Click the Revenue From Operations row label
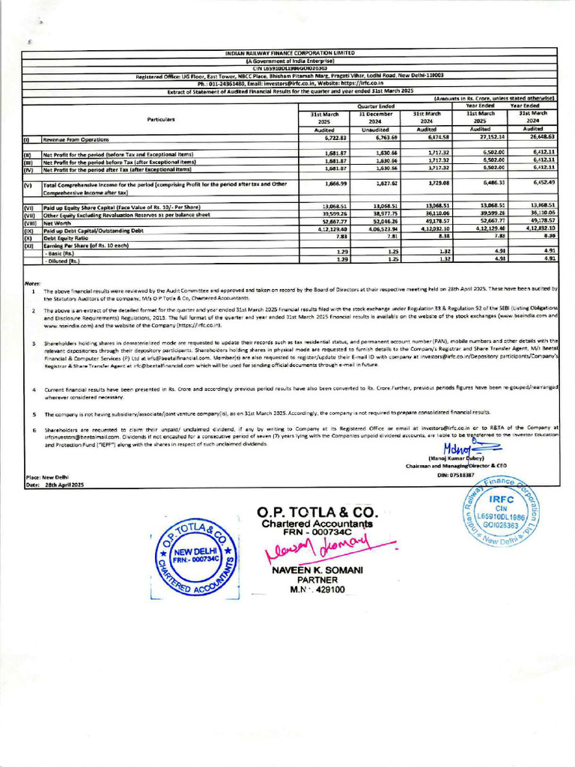[76, 139]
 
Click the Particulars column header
[160, 119]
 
